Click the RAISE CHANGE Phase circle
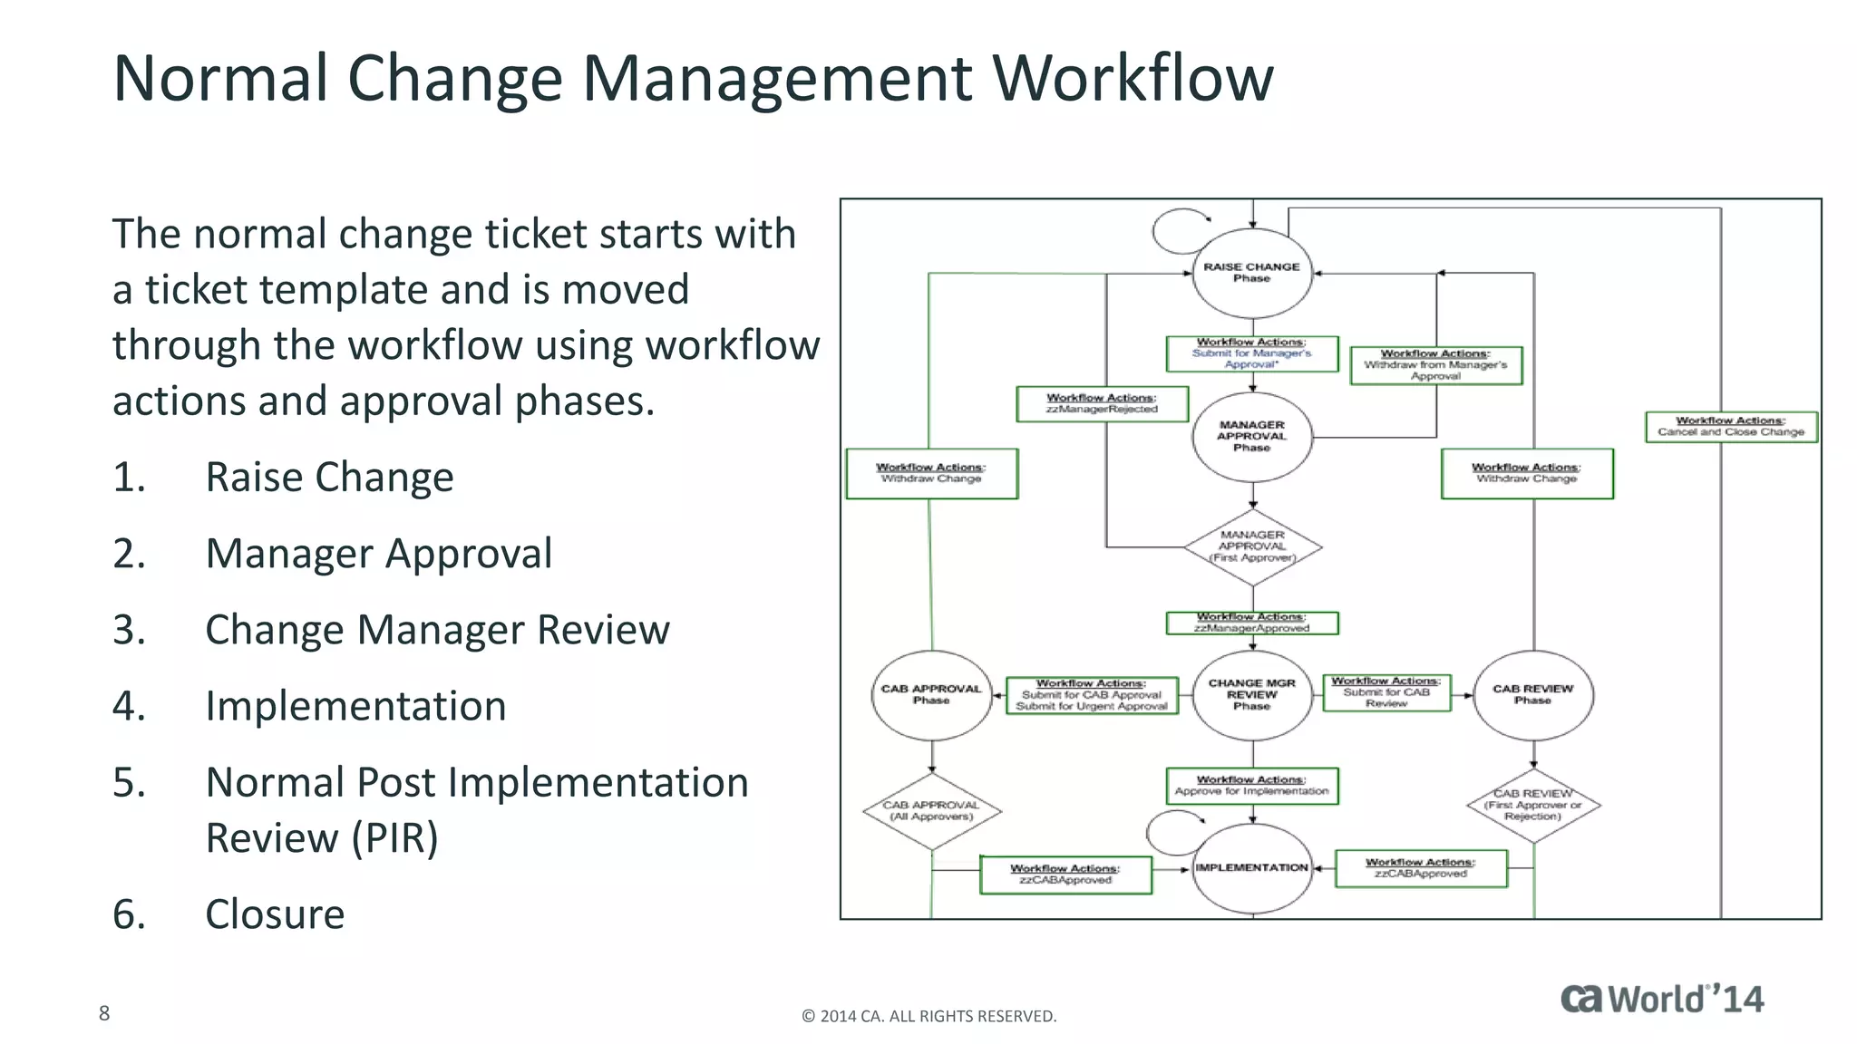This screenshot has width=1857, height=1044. (x=1252, y=273)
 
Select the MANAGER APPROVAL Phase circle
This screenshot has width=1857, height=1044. (x=1252, y=436)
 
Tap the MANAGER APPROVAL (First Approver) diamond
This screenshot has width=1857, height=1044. (x=1252, y=546)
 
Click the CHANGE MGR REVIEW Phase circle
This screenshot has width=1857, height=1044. (x=1252, y=695)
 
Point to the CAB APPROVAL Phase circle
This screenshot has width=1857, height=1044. (x=931, y=695)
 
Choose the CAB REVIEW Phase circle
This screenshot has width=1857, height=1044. (x=1532, y=695)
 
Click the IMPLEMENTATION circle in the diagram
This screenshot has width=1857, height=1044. (x=1252, y=868)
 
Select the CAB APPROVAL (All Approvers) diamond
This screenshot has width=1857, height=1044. (x=931, y=811)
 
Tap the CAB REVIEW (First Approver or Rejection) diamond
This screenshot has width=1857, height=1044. (x=1532, y=806)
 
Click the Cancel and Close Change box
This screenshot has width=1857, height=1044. (x=1731, y=427)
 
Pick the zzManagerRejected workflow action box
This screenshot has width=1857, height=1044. (x=1102, y=404)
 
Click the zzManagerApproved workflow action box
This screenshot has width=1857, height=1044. (x=1252, y=623)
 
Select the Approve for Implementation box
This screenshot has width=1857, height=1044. (x=1252, y=786)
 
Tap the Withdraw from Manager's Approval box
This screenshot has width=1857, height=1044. (x=1435, y=365)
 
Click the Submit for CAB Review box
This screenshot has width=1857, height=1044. (x=1386, y=692)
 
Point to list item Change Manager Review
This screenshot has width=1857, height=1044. (x=437, y=630)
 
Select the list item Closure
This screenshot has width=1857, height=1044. (x=275, y=914)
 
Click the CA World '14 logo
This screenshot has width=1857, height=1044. (x=1662, y=999)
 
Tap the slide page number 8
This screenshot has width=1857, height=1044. (x=104, y=1013)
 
